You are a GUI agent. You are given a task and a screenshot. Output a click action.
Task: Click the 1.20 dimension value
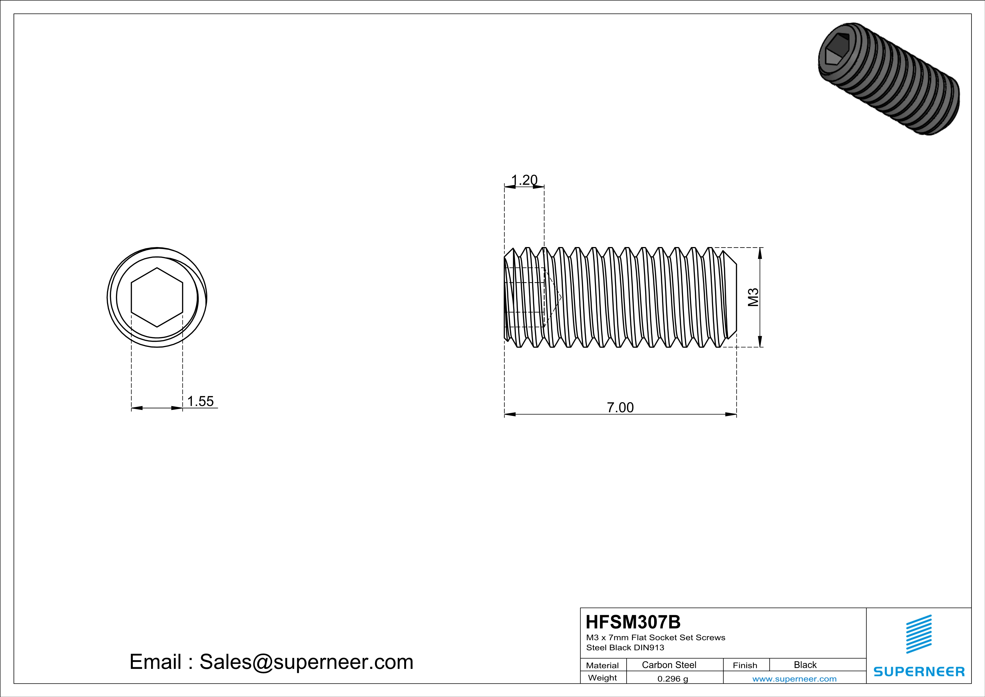point(524,180)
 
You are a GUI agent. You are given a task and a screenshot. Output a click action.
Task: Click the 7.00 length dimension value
point(620,407)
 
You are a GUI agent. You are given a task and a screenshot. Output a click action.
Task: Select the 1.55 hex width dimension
point(200,401)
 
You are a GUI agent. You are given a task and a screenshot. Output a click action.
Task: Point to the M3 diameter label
point(753,297)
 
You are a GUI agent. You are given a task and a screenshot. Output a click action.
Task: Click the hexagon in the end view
point(157,297)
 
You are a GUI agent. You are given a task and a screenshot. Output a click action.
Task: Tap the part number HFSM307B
point(633,622)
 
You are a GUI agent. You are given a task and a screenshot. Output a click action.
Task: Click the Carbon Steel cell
point(669,665)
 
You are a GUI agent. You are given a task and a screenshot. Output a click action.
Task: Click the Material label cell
point(602,665)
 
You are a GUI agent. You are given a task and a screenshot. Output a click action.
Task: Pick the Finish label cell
point(745,665)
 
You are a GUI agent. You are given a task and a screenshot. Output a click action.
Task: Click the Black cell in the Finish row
point(805,665)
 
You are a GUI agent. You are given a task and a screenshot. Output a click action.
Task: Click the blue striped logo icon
point(918,634)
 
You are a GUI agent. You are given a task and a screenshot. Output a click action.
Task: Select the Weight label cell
point(602,678)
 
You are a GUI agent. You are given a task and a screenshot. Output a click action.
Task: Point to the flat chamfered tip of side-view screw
point(733,297)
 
